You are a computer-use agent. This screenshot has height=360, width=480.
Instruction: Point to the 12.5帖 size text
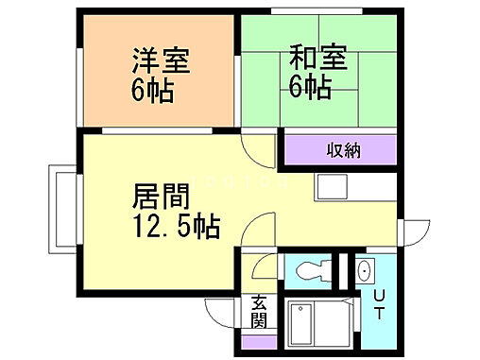(x=176, y=227)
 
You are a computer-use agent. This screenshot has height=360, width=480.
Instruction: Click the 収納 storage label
(x=343, y=150)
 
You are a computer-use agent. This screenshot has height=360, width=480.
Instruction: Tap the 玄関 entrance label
(x=258, y=311)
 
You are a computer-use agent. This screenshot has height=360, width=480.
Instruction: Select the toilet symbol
(x=311, y=271)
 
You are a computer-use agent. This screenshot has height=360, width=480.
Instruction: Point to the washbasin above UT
(x=364, y=271)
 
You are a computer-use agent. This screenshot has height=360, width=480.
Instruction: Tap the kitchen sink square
(x=332, y=187)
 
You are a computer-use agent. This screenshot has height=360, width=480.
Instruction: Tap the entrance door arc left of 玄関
(x=223, y=311)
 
